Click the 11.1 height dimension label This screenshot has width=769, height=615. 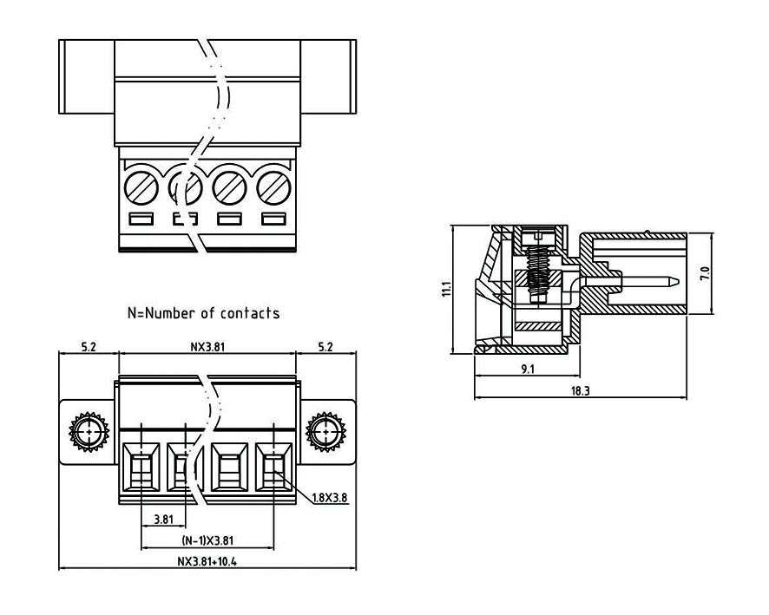click(444, 290)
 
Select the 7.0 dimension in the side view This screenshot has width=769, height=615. click(705, 273)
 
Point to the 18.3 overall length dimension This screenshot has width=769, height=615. click(581, 391)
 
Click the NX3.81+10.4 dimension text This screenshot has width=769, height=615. click(207, 561)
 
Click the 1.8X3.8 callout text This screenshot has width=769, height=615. click(332, 498)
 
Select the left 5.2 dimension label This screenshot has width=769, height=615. click(88, 347)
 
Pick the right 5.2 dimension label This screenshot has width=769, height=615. click(325, 347)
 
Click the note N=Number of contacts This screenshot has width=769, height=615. click(204, 313)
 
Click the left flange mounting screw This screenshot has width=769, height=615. click(89, 431)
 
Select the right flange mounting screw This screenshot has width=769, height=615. click(325, 431)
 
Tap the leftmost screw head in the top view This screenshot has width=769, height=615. click(140, 186)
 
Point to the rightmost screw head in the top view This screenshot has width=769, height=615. click(273, 186)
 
